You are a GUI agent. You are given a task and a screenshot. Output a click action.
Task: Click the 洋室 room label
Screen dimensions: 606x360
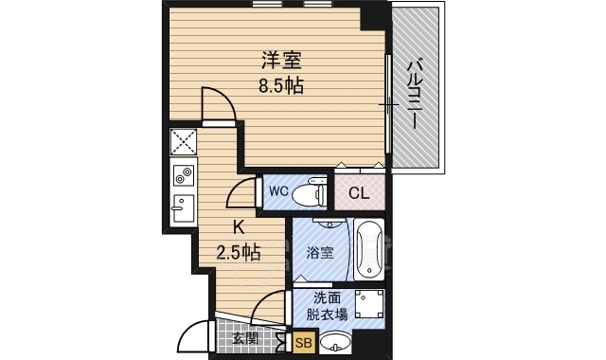[x=281, y=61]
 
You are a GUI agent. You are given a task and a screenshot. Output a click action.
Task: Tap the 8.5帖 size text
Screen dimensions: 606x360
[x=281, y=85]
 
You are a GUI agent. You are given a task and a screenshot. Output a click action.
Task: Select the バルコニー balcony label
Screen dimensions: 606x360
[x=416, y=93]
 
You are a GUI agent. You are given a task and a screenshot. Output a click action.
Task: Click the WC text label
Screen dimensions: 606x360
[x=278, y=191]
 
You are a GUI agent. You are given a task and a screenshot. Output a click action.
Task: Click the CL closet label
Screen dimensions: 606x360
[x=359, y=193]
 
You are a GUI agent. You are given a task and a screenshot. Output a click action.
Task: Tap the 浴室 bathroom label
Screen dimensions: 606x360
[x=320, y=253]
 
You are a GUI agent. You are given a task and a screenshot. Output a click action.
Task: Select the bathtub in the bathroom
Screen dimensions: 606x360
[x=369, y=249]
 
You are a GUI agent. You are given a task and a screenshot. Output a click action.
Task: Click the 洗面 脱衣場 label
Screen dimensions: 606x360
[x=327, y=306]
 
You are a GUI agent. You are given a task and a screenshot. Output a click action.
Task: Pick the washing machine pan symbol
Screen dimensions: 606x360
[x=369, y=304]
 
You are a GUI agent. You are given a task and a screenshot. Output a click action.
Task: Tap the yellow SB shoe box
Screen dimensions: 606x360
[x=304, y=342]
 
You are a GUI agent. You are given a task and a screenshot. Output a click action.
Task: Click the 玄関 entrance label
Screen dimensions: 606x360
[x=245, y=339]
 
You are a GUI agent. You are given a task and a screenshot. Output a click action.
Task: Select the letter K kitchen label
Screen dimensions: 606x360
[x=238, y=227]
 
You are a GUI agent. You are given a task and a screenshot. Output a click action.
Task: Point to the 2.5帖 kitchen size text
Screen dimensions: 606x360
[x=238, y=253]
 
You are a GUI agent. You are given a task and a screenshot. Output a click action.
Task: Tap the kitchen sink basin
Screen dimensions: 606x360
[x=184, y=208]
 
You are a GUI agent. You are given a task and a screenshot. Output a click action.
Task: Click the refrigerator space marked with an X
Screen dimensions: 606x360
[x=184, y=141]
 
